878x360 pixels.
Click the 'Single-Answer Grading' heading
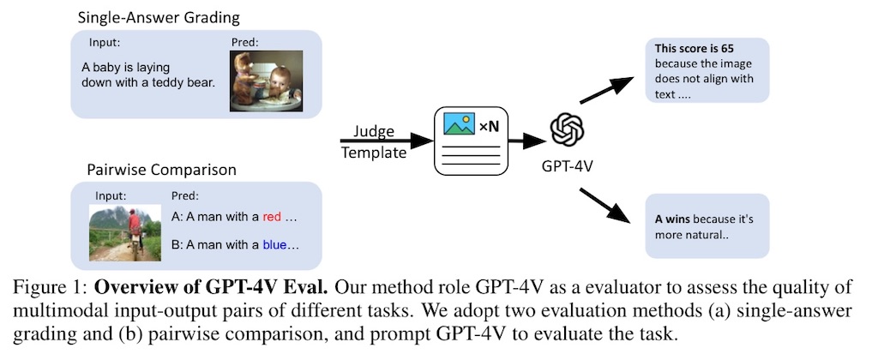(159, 17)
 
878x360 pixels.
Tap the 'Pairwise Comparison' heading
(160, 170)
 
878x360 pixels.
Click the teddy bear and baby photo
(266, 81)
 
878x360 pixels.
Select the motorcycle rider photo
(125, 233)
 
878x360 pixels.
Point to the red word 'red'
(272, 217)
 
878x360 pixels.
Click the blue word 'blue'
(274, 244)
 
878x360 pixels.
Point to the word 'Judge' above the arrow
(374, 131)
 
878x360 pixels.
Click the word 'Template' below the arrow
(374, 153)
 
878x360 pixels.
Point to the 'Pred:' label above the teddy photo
(244, 42)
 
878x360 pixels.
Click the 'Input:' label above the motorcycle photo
(111, 196)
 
